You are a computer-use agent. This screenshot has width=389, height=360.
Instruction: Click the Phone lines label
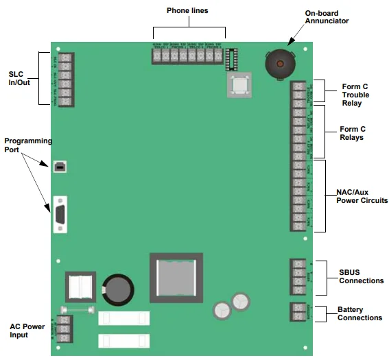(188, 11)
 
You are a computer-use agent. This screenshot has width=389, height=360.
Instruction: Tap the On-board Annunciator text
(327, 16)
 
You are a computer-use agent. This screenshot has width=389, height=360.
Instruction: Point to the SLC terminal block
(66, 80)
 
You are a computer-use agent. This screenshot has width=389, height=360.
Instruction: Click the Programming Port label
(27, 145)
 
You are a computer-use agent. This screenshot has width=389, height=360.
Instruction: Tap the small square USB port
(60, 166)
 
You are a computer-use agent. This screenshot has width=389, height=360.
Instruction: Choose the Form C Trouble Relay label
(359, 95)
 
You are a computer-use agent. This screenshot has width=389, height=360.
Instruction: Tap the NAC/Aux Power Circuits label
(362, 196)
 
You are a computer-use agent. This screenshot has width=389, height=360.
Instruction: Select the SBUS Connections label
(361, 276)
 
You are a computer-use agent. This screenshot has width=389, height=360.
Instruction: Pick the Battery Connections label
(359, 313)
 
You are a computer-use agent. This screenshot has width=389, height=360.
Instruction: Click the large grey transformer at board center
(176, 278)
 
